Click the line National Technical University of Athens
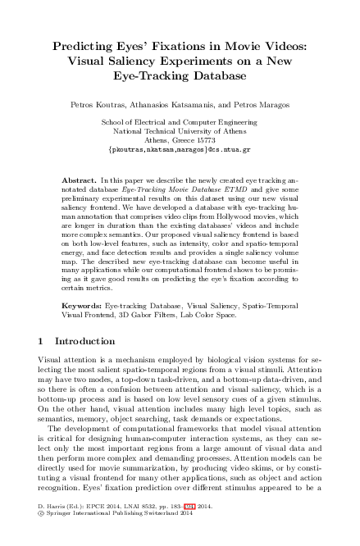click(180, 131)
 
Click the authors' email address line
click(180, 150)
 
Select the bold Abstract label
click(79, 179)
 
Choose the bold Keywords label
click(82, 303)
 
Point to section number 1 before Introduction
click(42, 339)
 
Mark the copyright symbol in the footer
click(42, 538)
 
